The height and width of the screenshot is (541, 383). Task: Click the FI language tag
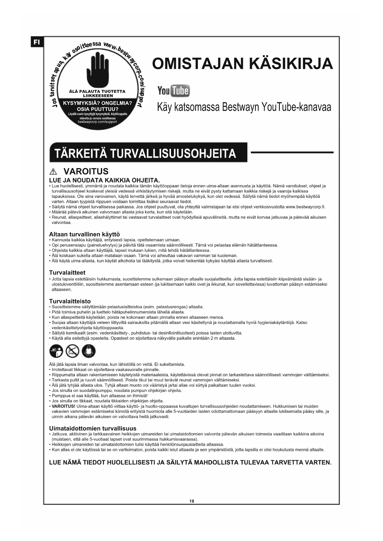pyautogui.click(x=37, y=42)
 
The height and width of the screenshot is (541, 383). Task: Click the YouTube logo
pyautogui.click(x=173, y=91)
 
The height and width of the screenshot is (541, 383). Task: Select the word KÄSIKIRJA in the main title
pyautogui.click(x=291, y=64)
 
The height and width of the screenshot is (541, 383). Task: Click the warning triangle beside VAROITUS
pyautogui.click(x=53, y=172)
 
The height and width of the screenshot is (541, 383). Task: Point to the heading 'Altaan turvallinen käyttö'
pyautogui.click(x=84, y=234)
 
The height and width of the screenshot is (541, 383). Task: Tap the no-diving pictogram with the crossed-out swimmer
pyautogui.click(x=73, y=351)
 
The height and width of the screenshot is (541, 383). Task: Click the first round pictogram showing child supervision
pyautogui.click(x=56, y=351)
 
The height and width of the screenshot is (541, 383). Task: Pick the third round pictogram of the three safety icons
pyautogui.click(x=89, y=351)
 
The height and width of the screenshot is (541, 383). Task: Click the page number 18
pyautogui.click(x=192, y=501)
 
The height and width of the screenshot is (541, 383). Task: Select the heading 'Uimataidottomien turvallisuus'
pyautogui.click(x=93, y=428)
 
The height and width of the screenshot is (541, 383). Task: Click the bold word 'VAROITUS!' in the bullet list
pyautogui.click(x=63, y=406)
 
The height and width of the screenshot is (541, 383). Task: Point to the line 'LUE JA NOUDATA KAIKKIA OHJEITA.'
pyautogui.click(x=104, y=180)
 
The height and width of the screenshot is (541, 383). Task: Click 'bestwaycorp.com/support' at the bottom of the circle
pyautogui.click(x=97, y=122)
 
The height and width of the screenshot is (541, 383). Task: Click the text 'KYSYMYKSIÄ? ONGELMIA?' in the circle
pyautogui.click(x=97, y=103)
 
